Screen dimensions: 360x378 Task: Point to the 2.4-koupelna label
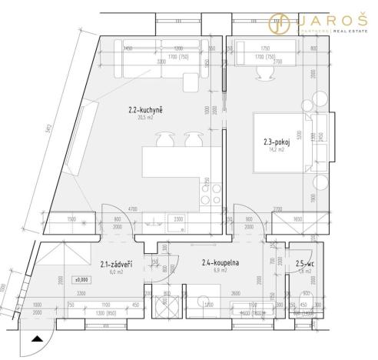click(x=220, y=263)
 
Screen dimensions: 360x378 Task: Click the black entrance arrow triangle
click(x=35, y=338)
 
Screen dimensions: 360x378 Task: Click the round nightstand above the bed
click(x=313, y=105)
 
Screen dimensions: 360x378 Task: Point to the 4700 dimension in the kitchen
click(x=132, y=208)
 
